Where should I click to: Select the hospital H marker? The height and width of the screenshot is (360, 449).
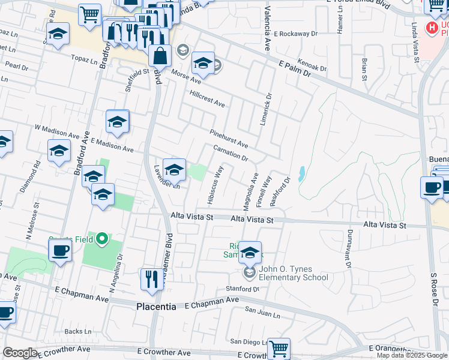(x=430, y=28)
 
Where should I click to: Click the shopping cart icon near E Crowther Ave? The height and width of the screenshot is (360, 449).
(x=279, y=348)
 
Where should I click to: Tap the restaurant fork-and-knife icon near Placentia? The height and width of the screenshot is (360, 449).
(x=150, y=278)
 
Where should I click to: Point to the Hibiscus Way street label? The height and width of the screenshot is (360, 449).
(x=215, y=185)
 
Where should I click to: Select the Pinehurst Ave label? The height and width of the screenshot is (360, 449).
(x=229, y=139)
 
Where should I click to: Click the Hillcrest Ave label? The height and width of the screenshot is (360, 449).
(x=206, y=100)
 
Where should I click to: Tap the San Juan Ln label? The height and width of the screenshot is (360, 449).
(x=262, y=312)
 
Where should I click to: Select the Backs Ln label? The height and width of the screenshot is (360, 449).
(x=78, y=331)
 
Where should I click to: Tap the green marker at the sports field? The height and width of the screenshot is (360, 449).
(x=101, y=240)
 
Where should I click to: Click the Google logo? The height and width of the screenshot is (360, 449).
(x=20, y=353)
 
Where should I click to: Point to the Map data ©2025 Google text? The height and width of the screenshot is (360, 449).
(x=412, y=355)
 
